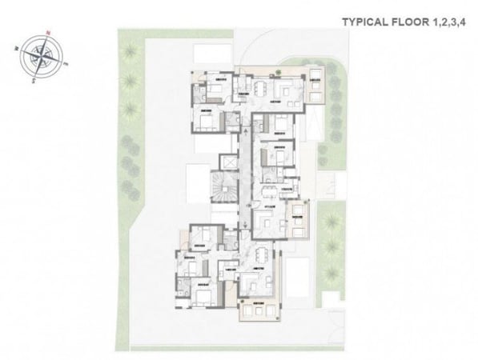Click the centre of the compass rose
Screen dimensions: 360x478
38,56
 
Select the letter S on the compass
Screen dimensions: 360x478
27,79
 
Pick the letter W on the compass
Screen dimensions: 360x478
16,46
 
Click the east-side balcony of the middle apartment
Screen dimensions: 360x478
299,221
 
